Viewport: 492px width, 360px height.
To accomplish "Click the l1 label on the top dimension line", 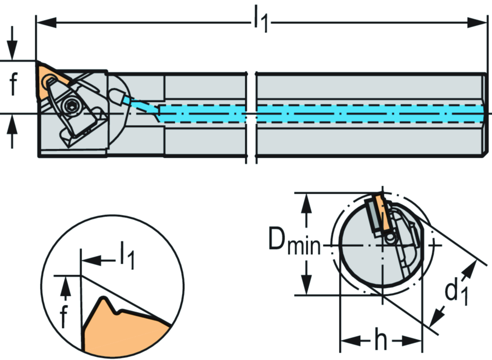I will pyautogui.click(x=260, y=21).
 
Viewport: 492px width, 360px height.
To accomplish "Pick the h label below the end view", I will pyautogui.click(x=381, y=341).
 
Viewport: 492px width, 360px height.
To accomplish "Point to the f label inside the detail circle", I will pyautogui.click(x=64, y=316).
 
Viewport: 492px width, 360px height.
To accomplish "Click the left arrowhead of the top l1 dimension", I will pyautogui.click(x=46, y=22).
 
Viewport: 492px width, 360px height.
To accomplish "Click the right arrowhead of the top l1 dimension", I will pyautogui.click(x=479, y=22).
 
